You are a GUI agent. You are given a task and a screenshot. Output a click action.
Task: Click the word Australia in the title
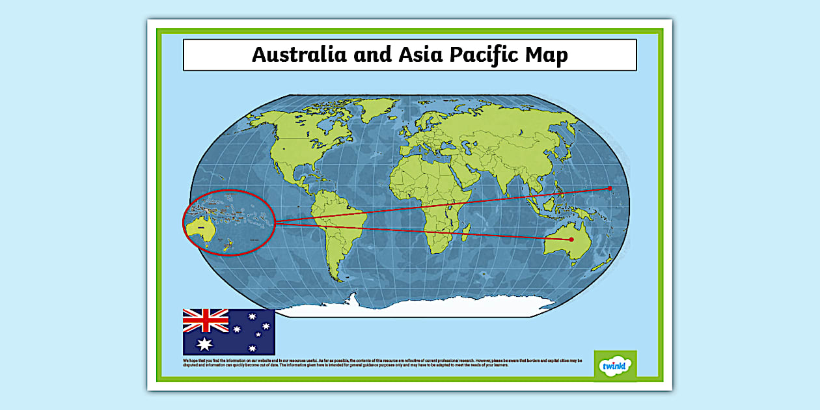(299, 55)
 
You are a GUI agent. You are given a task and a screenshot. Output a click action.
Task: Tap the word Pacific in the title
(485, 55)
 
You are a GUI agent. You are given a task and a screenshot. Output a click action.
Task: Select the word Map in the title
(549, 55)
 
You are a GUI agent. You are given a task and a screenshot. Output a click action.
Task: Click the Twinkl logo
(615, 366)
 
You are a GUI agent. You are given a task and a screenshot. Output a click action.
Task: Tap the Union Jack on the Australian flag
(206, 320)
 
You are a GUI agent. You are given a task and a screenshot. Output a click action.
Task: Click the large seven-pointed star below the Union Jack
(205, 344)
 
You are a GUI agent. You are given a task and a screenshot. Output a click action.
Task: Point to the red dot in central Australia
(571, 240)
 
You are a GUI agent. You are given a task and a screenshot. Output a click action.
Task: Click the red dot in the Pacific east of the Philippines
(610, 189)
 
